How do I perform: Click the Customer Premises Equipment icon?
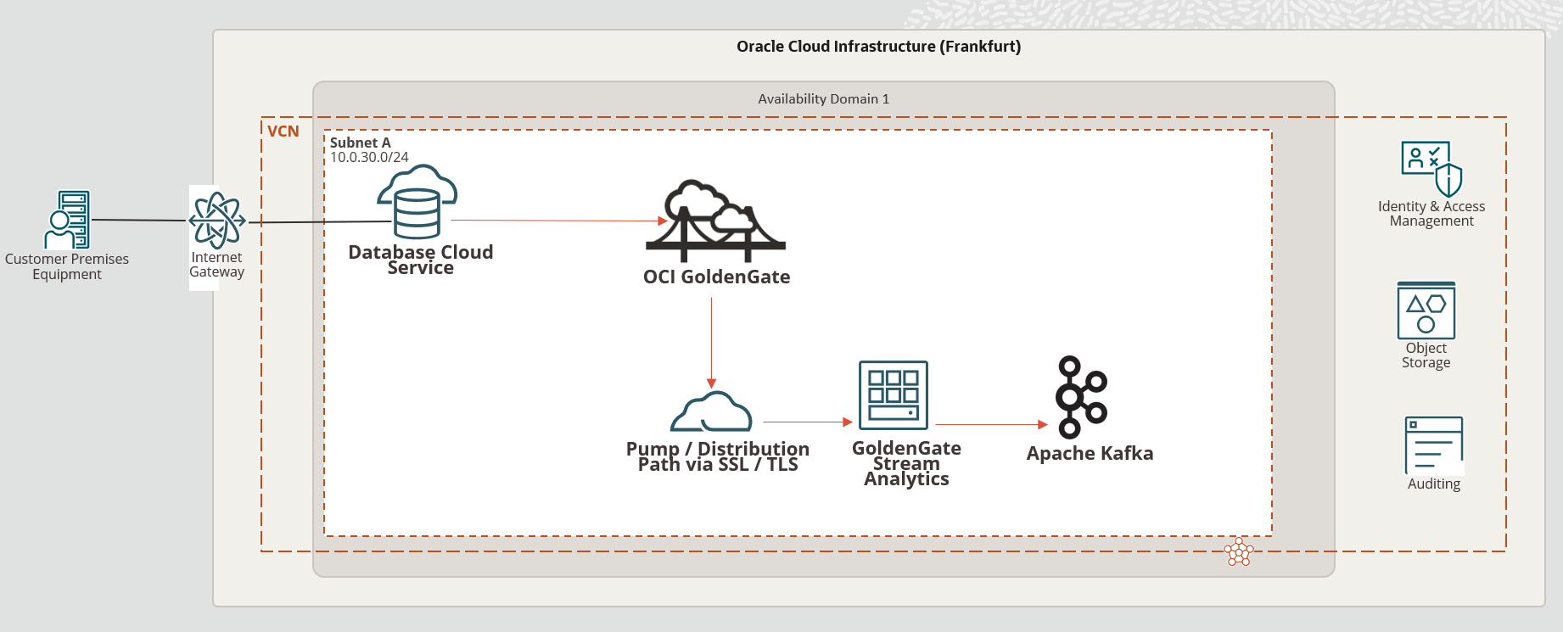pyautogui.click(x=68, y=220)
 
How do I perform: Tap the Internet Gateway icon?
pyautogui.click(x=217, y=221)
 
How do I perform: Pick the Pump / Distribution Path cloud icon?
pyautogui.click(x=712, y=412)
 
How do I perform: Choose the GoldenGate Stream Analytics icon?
pyautogui.click(x=894, y=395)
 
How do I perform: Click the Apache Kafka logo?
pyautogui.click(x=1081, y=397)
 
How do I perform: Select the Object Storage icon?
pyautogui.click(x=1426, y=310)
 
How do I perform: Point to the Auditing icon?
pyautogui.click(x=1434, y=445)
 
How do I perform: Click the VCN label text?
pyautogui.click(x=283, y=131)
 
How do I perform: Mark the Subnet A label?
pyautogui.click(x=361, y=143)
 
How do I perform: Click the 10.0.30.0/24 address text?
pyautogui.click(x=369, y=157)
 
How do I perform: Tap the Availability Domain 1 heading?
pyautogui.click(x=823, y=98)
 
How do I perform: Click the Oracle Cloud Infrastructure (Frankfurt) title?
pyautogui.click(x=878, y=47)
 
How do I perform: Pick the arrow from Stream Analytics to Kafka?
pyautogui.click(x=990, y=424)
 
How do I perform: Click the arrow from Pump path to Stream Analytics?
pyautogui.click(x=807, y=422)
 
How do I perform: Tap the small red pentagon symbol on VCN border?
pyautogui.click(x=1239, y=552)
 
